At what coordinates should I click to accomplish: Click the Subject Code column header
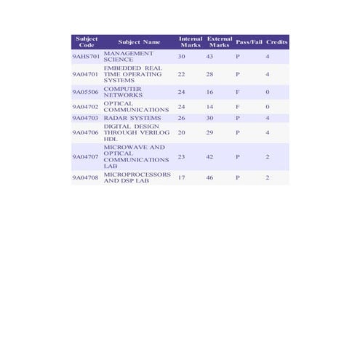87,41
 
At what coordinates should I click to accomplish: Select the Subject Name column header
139,41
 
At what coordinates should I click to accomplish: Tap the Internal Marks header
191,41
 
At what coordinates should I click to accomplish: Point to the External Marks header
220,41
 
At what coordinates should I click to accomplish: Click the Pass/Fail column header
249,41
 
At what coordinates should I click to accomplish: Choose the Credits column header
277,41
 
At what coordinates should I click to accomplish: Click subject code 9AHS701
86,56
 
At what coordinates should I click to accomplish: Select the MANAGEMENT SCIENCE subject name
129,56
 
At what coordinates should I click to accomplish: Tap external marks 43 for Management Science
209,56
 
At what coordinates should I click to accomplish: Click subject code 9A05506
86,92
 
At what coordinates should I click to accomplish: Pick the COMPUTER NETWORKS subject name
123,92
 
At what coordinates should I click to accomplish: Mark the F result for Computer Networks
237,92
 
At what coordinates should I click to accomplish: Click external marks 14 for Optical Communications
209,107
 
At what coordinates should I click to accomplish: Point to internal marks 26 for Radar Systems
182,118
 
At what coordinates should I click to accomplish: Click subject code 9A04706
86,133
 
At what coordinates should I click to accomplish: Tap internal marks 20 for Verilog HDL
182,133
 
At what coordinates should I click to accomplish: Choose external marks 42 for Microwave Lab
209,156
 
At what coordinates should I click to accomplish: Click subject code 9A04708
86,177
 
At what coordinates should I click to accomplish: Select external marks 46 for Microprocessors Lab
209,177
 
